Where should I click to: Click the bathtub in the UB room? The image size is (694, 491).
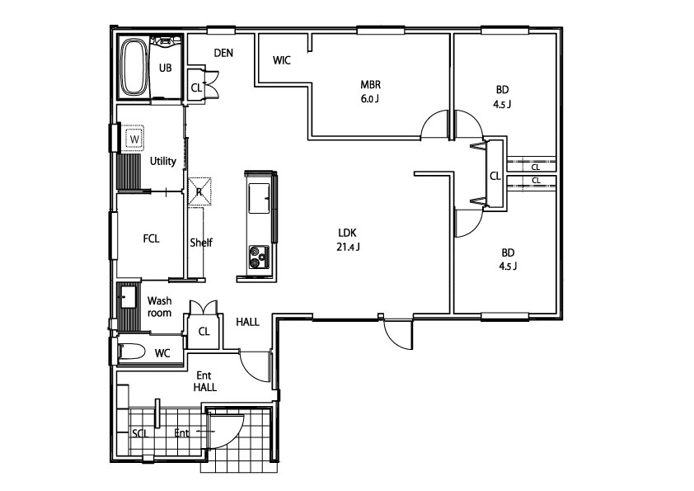click(x=134, y=68)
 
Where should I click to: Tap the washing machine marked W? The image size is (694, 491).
click(x=134, y=139)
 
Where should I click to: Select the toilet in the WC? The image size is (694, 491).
click(x=132, y=352)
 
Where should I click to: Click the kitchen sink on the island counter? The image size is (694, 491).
click(x=259, y=198)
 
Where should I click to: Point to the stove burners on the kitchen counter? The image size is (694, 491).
click(x=259, y=257)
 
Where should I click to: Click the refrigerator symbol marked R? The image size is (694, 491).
click(x=199, y=192)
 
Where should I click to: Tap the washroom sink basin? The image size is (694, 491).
click(x=129, y=297)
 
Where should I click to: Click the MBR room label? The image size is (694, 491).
click(x=370, y=85)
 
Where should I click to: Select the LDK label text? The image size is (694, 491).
click(x=348, y=233)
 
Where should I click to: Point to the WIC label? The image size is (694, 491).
click(x=282, y=60)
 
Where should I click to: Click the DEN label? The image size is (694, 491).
click(x=223, y=53)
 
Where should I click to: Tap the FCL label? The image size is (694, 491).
click(x=151, y=238)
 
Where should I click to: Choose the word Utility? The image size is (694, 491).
click(x=163, y=161)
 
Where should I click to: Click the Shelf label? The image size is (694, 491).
click(x=201, y=243)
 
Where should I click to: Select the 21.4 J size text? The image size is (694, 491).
click(x=348, y=247)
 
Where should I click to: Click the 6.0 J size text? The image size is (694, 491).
click(x=369, y=99)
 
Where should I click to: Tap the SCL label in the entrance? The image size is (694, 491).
click(x=140, y=433)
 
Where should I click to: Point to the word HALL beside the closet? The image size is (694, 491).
click(x=247, y=322)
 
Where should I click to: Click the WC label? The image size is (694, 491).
click(x=162, y=353)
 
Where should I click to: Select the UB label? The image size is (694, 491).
click(x=165, y=68)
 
